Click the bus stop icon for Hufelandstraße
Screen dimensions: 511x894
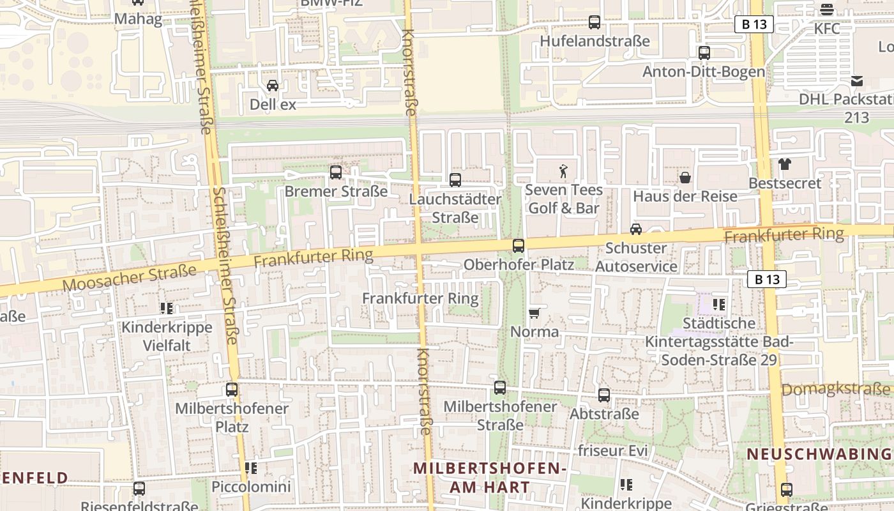pos(595,22)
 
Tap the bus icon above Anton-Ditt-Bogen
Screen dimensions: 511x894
pos(704,53)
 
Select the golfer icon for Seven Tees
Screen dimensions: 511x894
pos(563,171)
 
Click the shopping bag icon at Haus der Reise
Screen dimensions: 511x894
pos(685,177)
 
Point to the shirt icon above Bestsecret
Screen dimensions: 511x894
pos(785,164)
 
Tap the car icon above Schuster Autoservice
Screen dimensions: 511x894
pos(636,229)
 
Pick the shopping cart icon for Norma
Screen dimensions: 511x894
pos(534,313)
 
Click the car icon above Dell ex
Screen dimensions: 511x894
pos(273,86)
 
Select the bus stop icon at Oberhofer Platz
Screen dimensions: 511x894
pos(519,245)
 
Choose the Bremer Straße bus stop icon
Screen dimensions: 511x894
pos(336,172)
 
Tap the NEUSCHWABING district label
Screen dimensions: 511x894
pos(819,454)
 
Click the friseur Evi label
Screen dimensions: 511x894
pos(612,450)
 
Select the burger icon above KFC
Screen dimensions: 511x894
pos(827,10)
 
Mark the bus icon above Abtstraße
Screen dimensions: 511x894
pos(604,395)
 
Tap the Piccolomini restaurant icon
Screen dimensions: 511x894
pos(251,468)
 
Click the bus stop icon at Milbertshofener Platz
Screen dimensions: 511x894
pos(232,390)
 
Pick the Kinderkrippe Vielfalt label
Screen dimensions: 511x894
pos(167,337)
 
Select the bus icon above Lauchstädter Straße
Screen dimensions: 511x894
pos(455,180)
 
